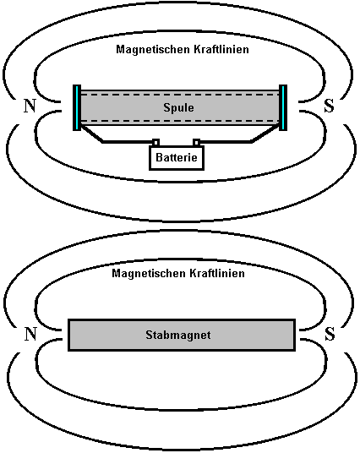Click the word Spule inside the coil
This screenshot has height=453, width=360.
click(178, 108)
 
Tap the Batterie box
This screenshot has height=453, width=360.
click(177, 157)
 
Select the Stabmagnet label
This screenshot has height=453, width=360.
click(178, 335)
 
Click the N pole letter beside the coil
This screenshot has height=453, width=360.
click(30, 106)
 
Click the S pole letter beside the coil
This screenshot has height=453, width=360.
click(329, 106)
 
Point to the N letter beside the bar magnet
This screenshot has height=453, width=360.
click(30, 334)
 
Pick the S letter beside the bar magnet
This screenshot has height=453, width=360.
click(330, 334)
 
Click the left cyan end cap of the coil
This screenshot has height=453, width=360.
click(77, 107)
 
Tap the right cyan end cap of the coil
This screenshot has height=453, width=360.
click(283, 107)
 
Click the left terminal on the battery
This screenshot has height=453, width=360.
click(156, 142)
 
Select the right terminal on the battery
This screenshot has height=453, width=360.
click(196, 142)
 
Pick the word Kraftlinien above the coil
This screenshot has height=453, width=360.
click(221, 49)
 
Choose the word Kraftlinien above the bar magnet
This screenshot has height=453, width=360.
click(217, 273)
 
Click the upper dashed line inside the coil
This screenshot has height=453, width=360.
click(180, 94)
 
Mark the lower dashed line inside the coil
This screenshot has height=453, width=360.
click(180, 121)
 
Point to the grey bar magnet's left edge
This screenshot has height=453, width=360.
click(68, 335)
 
